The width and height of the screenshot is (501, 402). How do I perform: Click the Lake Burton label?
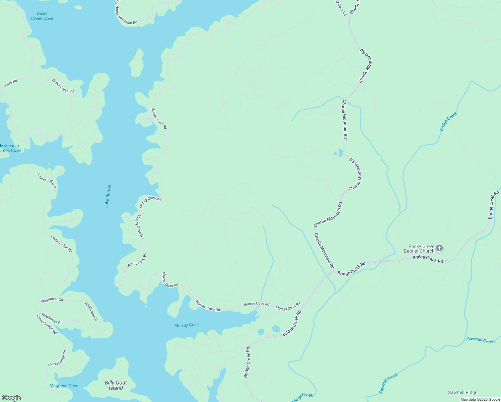pyautogui.click(x=108, y=196)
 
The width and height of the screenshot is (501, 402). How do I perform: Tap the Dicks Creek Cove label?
pyautogui.click(x=42, y=16)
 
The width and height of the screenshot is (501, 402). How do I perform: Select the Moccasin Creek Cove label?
pyautogui.click(x=10, y=148)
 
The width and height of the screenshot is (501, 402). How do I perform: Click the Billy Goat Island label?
pyautogui.click(x=116, y=385)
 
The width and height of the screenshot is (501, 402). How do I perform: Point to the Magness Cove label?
pyautogui.click(x=64, y=386)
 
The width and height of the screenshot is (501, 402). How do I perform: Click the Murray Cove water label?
pyautogui.click(x=187, y=325)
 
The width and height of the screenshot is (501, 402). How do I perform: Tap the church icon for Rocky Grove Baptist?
pyautogui.click(x=439, y=248)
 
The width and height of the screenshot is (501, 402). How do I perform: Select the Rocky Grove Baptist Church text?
pyautogui.click(x=419, y=249)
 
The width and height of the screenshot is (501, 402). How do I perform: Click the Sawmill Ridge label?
pyautogui.click(x=463, y=392)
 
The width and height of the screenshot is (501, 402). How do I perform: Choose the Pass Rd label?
pyautogui.click(x=11, y=83)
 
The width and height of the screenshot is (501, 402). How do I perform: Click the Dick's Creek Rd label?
pyautogui.click(x=63, y=86)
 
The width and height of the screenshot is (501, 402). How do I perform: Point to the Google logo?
pyautogui.click(x=11, y=398)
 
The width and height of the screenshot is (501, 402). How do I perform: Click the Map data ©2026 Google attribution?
pyautogui.click(x=480, y=399)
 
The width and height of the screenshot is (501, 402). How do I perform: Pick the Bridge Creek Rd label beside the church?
pyautogui.click(x=428, y=259)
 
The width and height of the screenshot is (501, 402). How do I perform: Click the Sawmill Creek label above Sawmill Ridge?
pyautogui.click(x=481, y=340)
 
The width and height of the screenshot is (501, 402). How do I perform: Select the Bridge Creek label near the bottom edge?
pyautogui.click(x=302, y=397)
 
